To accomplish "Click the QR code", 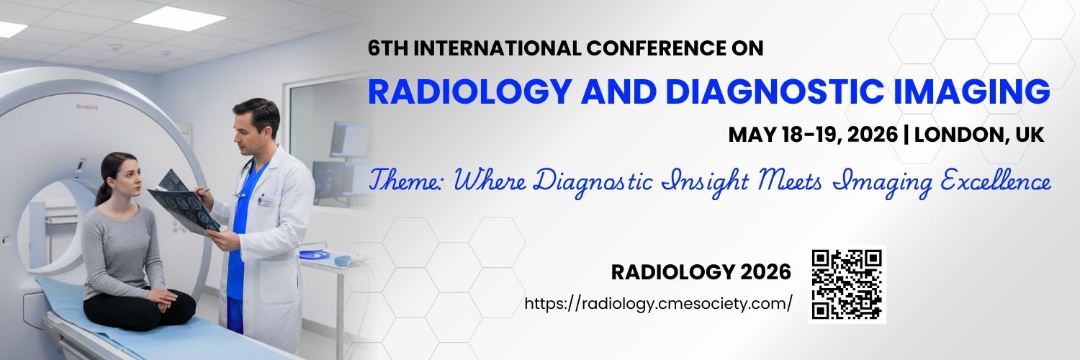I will pos(847,284).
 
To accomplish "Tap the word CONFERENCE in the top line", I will pos(657,48).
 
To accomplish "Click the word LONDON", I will pos(958,135).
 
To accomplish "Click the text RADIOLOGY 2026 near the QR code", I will pos(701,272).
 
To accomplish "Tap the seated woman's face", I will pos(122,177).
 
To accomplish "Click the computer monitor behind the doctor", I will pos(349,139).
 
